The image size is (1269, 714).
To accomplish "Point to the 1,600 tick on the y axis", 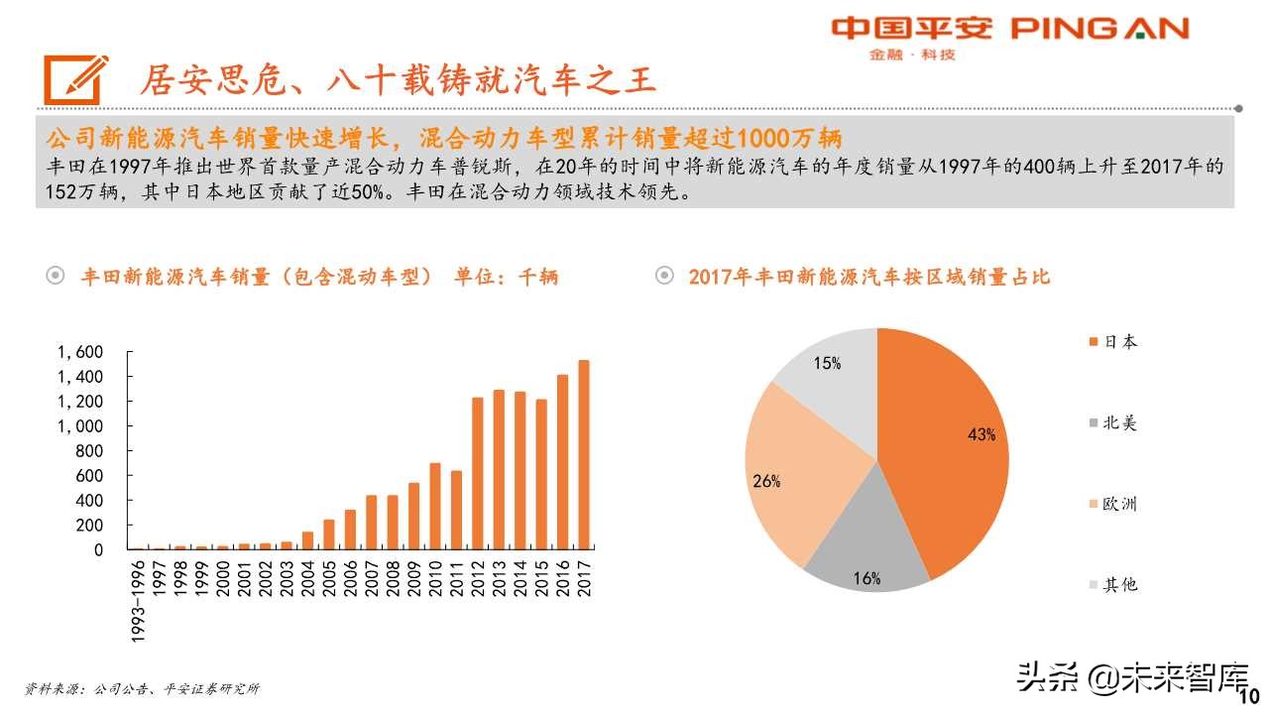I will point(80,352).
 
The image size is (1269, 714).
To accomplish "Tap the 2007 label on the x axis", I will point(372,579).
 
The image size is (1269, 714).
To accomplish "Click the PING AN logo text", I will point(1099,29).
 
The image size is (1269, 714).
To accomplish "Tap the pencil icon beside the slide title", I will point(74,78).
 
